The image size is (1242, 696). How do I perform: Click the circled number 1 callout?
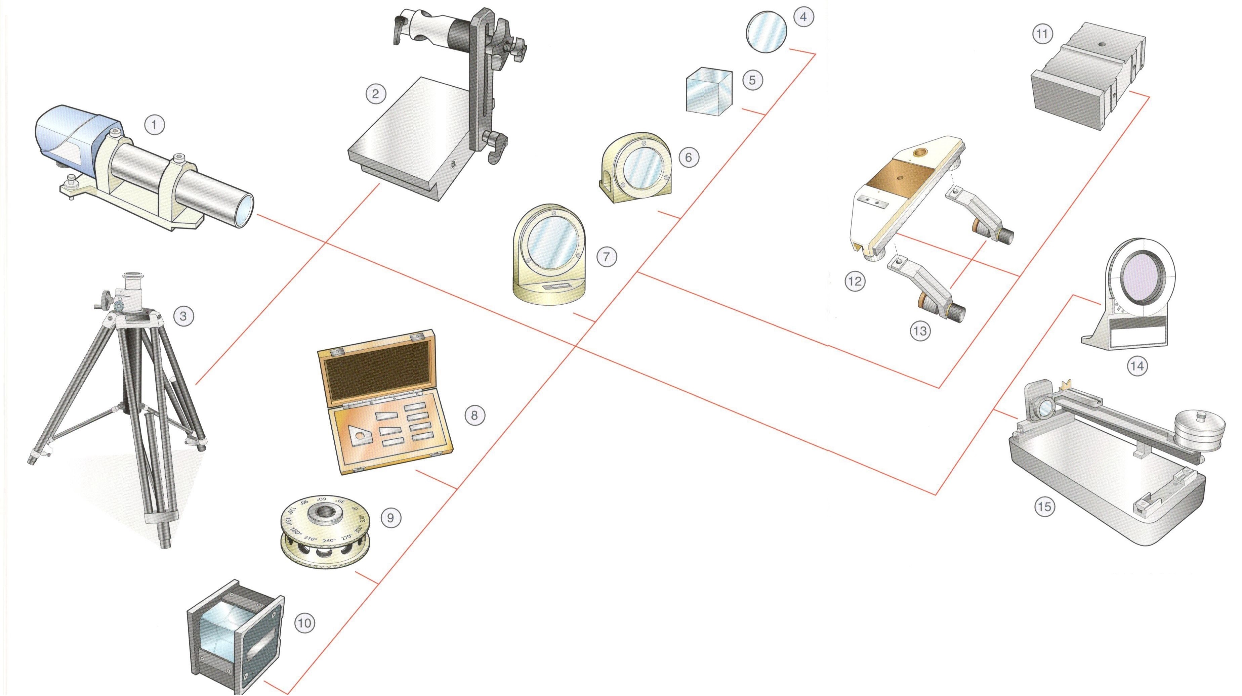[x=154, y=125]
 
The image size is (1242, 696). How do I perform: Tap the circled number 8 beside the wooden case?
[x=474, y=415]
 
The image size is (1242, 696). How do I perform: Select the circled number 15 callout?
[x=1044, y=507]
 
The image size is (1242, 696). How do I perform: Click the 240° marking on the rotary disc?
[x=329, y=541]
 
